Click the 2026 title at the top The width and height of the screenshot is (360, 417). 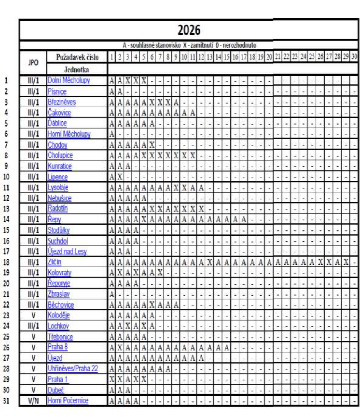[189, 30]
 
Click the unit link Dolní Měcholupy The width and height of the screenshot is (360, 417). [68, 81]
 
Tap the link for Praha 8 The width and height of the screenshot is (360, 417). [58, 347]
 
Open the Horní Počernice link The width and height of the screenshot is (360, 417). [68, 400]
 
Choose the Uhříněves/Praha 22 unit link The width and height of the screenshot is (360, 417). [72, 368]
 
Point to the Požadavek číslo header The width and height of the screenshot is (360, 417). [77, 58]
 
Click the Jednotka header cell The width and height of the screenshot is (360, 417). [77, 69]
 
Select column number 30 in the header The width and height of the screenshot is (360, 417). [354, 57]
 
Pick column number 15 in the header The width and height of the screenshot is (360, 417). [227, 57]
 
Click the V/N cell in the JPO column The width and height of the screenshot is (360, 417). [33, 400]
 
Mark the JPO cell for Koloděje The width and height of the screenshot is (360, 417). [33, 315]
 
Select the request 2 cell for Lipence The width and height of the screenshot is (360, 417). [120, 177]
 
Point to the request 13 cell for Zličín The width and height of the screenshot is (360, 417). [209, 262]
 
